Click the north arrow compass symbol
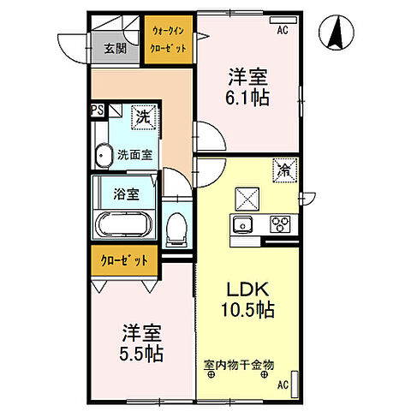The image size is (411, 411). (337, 34)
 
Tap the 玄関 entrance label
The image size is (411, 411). (116, 49)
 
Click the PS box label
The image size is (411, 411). (97, 110)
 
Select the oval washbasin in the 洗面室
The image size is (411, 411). (104, 156)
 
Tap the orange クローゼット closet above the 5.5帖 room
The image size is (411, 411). (124, 260)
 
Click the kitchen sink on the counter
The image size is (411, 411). (241, 225)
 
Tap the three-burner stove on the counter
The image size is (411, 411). (281, 225)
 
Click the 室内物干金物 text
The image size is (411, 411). (238, 365)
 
